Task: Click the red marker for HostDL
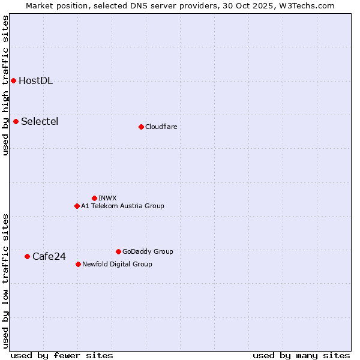pyautogui.click(x=13, y=80)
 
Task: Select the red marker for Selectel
pyautogui.click(x=16, y=121)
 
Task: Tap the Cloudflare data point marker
pyautogui.click(x=141, y=127)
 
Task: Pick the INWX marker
pyautogui.click(x=94, y=198)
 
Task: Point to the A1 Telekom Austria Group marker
pyautogui.click(x=77, y=206)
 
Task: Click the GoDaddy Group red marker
pyautogui.click(x=118, y=251)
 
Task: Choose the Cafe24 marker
pyautogui.click(x=27, y=256)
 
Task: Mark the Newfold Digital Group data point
pyautogui.click(x=78, y=264)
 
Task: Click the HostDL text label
pyautogui.click(x=36, y=81)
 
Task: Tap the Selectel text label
pyautogui.click(x=40, y=122)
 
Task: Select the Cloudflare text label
pyautogui.click(x=161, y=127)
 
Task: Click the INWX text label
pyautogui.click(x=107, y=198)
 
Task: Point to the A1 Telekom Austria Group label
pyautogui.click(x=122, y=206)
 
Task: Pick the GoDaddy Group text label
pyautogui.click(x=148, y=251)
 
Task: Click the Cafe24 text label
pyautogui.click(x=49, y=257)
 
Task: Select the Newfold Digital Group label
pyautogui.click(x=117, y=264)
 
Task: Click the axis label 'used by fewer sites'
pyautogui.click(x=62, y=355)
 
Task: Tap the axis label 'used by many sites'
pyautogui.click(x=301, y=355)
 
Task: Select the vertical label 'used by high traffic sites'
pyautogui.click(x=5, y=85)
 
